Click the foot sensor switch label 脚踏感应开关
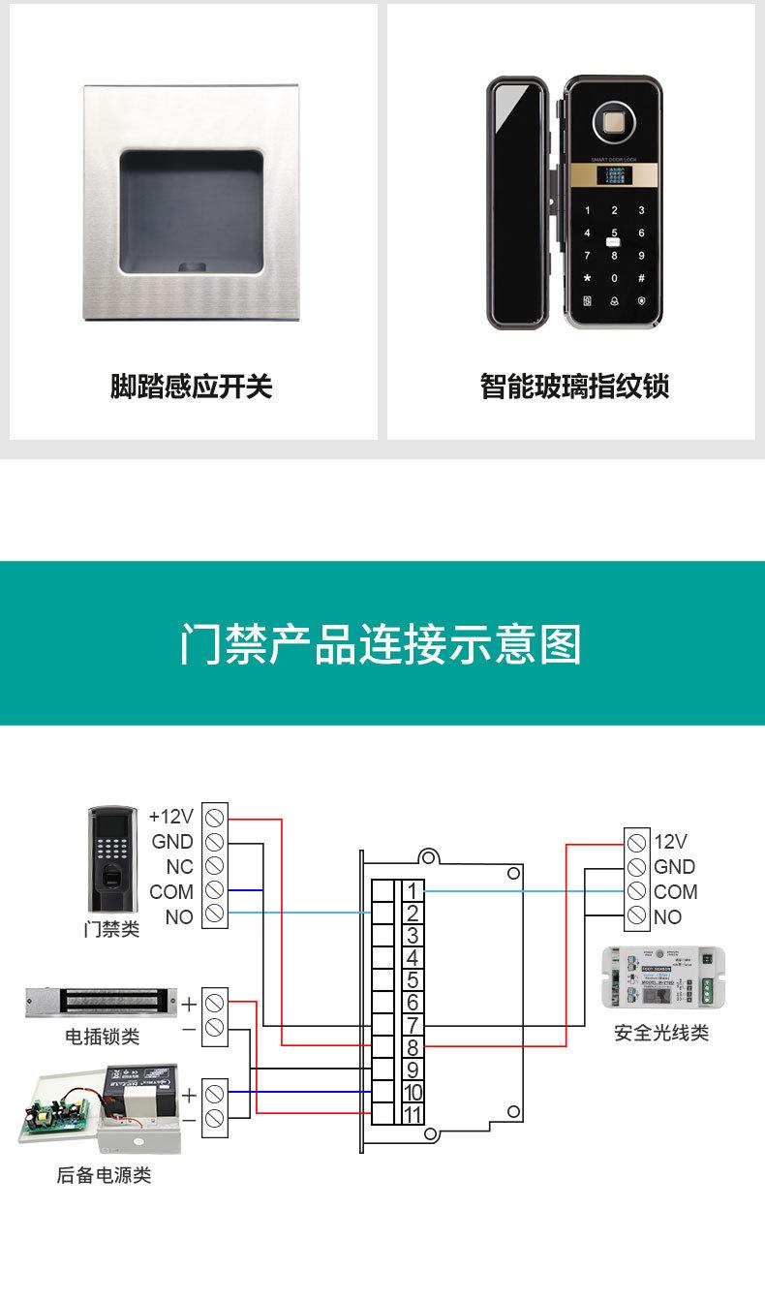click(x=192, y=387)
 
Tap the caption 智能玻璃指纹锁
click(x=575, y=387)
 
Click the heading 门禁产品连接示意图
click(x=382, y=644)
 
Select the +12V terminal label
click(x=171, y=816)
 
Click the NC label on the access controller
click(x=179, y=866)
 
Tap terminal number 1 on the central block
click(x=413, y=891)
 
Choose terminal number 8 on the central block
click(x=413, y=1047)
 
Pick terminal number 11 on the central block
click(x=413, y=1114)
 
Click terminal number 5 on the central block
click(x=413, y=980)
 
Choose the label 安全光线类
click(x=661, y=1034)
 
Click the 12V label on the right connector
click(x=670, y=841)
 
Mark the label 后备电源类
click(x=104, y=1176)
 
